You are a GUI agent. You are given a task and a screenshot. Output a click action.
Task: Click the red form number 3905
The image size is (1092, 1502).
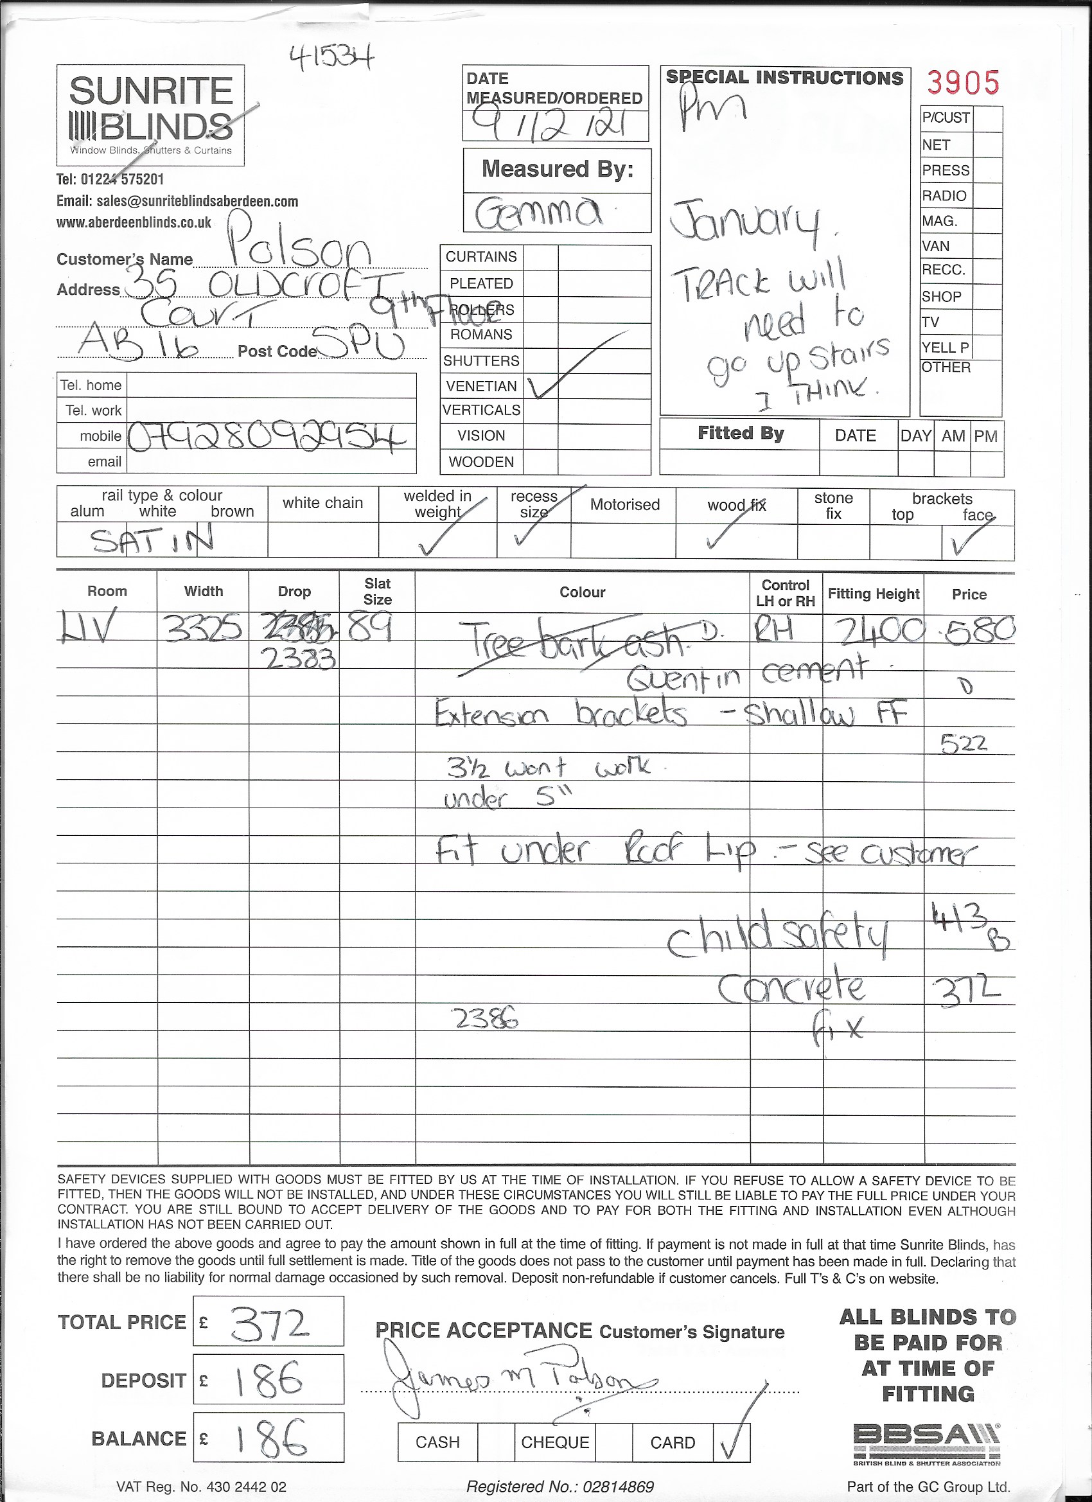click(962, 84)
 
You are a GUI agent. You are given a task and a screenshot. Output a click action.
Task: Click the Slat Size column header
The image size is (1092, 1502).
click(378, 592)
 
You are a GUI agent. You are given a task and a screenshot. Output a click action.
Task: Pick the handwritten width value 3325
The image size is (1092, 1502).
click(203, 627)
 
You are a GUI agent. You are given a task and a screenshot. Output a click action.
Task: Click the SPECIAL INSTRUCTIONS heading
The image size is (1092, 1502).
click(785, 78)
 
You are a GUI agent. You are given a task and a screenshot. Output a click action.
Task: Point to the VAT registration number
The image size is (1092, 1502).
click(201, 1486)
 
